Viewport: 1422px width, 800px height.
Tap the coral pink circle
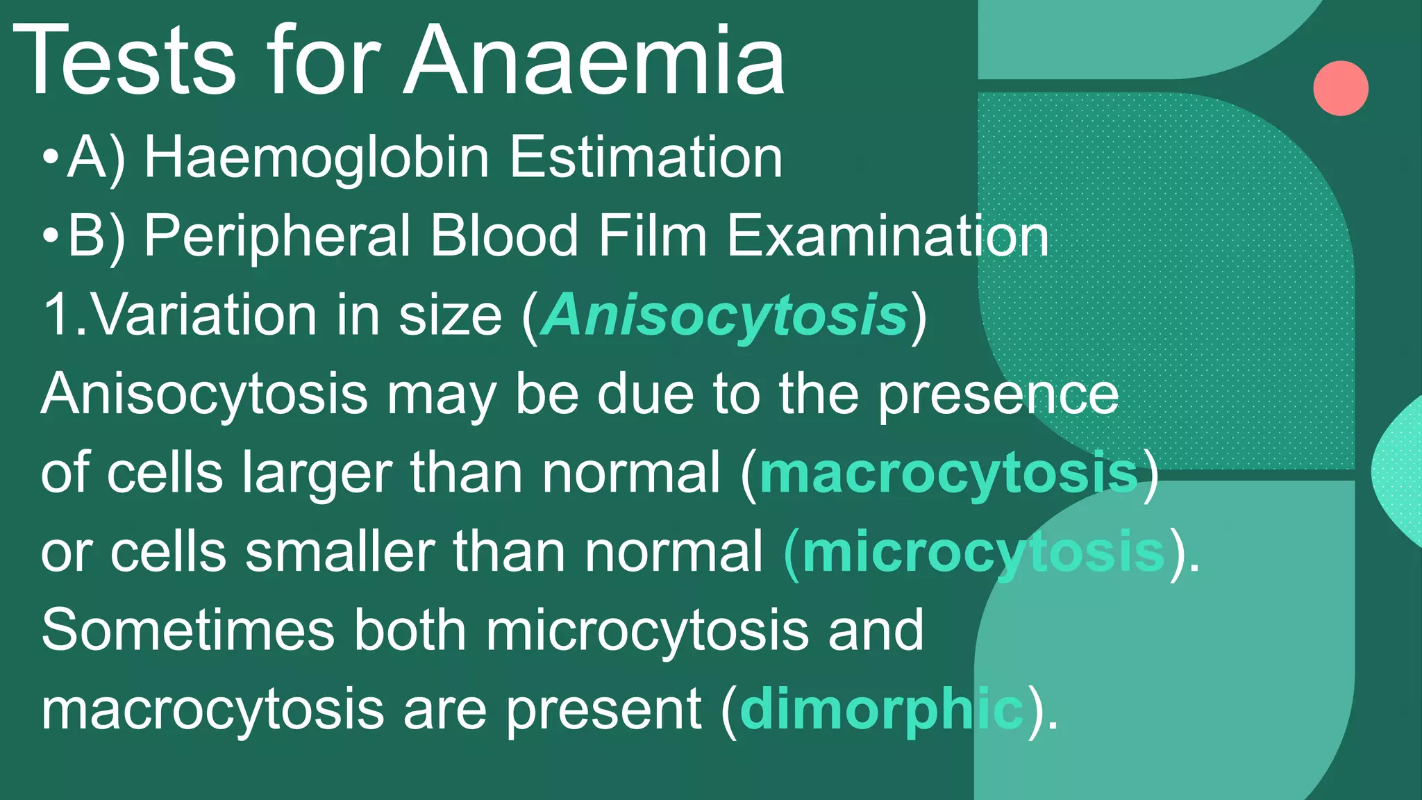[1340, 88]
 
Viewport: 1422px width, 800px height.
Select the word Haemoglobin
[317, 158]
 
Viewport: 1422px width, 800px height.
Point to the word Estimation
[646, 158]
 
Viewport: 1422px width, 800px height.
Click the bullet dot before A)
[50, 158]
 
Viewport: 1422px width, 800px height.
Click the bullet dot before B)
[50, 237]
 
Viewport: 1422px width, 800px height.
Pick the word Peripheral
[277, 237]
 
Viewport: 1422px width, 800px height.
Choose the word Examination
[887, 236]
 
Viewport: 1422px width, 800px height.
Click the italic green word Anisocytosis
[725, 316]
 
